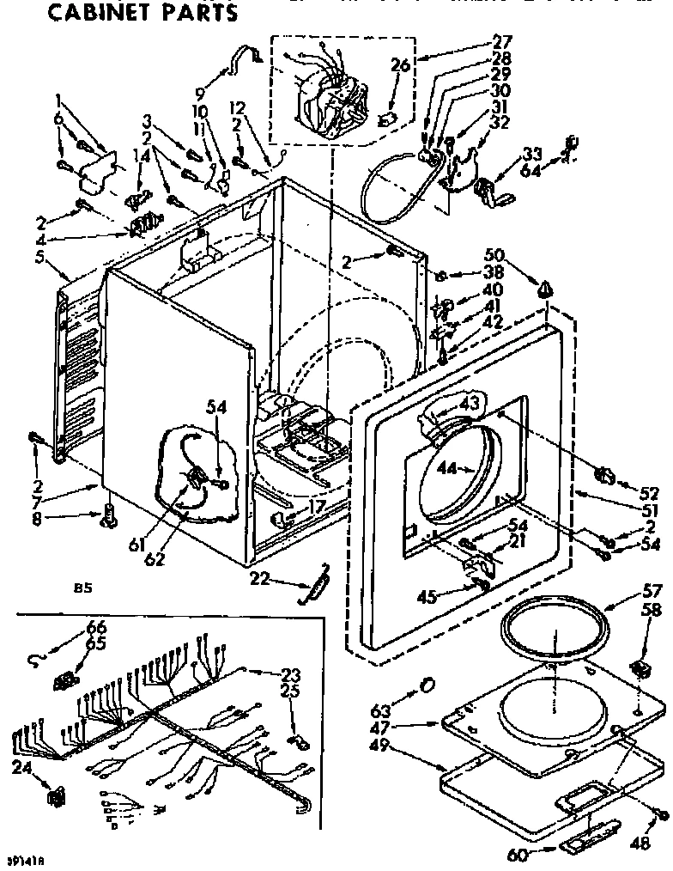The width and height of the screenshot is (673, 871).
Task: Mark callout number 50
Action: tap(494, 254)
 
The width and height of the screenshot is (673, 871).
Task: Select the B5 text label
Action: tap(82, 589)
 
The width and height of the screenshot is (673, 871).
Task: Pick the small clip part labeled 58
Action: tap(640, 667)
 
